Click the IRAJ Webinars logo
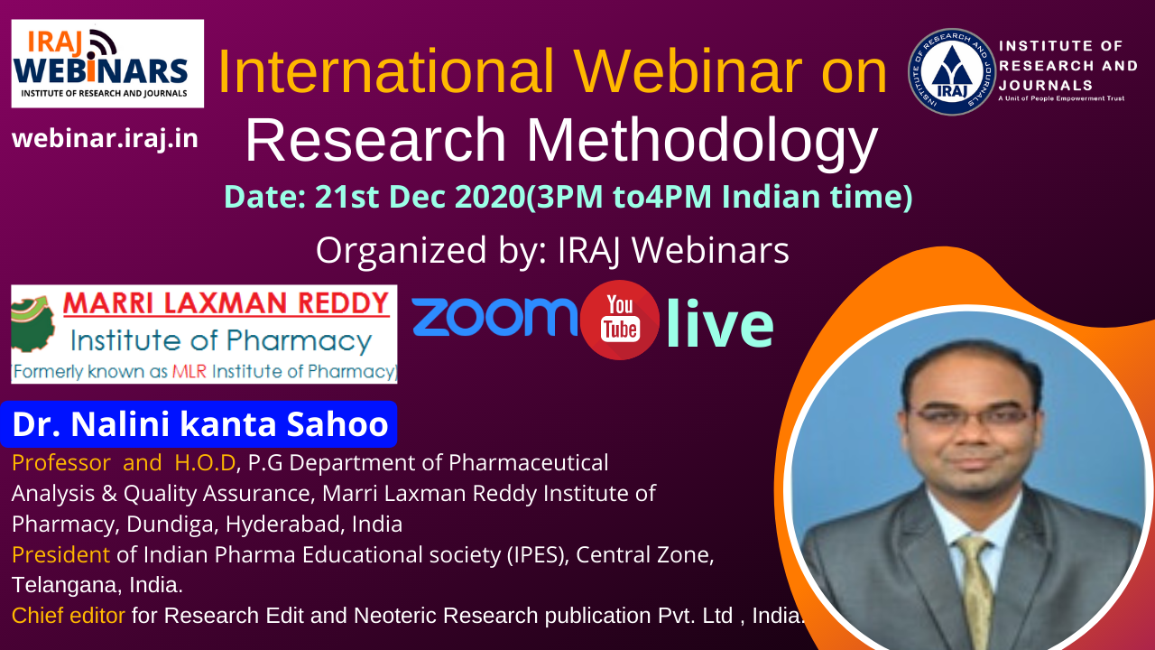click(x=107, y=63)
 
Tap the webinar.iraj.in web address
click(x=105, y=139)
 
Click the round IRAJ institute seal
click(x=951, y=71)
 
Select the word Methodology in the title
click(x=702, y=140)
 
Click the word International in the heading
click(x=385, y=71)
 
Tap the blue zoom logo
click(x=494, y=317)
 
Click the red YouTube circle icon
click(x=619, y=320)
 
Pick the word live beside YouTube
click(x=720, y=323)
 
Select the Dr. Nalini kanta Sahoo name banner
click(x=199, y=424)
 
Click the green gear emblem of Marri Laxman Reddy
click(x=33, y=324)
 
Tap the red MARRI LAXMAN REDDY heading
click(x=226, y=303)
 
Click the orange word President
click(x=60, y=555)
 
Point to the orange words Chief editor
click(x=68, y=616)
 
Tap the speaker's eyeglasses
click(x=973, y=416)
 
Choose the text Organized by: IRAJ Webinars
click(x=552, y=250)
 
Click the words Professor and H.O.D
click(x=124, y=463)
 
